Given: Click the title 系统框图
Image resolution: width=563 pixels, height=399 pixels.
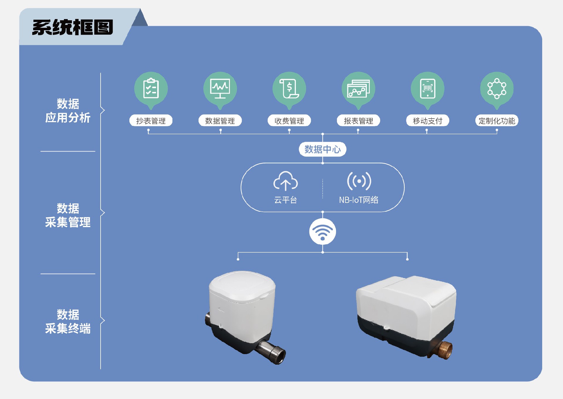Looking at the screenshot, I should pos(72,27).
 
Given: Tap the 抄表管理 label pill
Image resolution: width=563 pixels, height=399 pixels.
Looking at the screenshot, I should pos(151,121).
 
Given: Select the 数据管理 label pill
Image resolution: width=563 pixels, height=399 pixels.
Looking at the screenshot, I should pos(220,121).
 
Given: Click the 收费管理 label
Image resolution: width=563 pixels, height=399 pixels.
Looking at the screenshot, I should pos(289,121).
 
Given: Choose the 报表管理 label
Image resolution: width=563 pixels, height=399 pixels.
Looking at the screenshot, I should pos(358,121).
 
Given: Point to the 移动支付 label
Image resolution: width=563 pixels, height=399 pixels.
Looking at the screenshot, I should pos(428,121).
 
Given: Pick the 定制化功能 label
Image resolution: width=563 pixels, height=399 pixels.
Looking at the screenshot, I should pos(497,121).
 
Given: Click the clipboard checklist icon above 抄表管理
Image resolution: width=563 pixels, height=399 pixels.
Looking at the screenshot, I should pos(151,88).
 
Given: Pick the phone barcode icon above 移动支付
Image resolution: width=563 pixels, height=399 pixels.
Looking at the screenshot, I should pos(428,88).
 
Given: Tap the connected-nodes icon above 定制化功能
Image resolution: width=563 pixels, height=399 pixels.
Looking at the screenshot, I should pos(497,88).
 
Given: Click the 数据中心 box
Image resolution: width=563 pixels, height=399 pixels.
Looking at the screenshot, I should pos(323,149).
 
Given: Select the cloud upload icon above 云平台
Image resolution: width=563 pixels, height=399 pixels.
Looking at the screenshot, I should pos(285,181).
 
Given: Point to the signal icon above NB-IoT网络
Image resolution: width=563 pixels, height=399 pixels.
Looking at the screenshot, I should pos(359,181).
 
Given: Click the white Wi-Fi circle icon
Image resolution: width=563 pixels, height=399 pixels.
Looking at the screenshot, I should pos(323,231).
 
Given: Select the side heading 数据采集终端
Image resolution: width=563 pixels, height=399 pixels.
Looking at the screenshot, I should pos(68,321).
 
